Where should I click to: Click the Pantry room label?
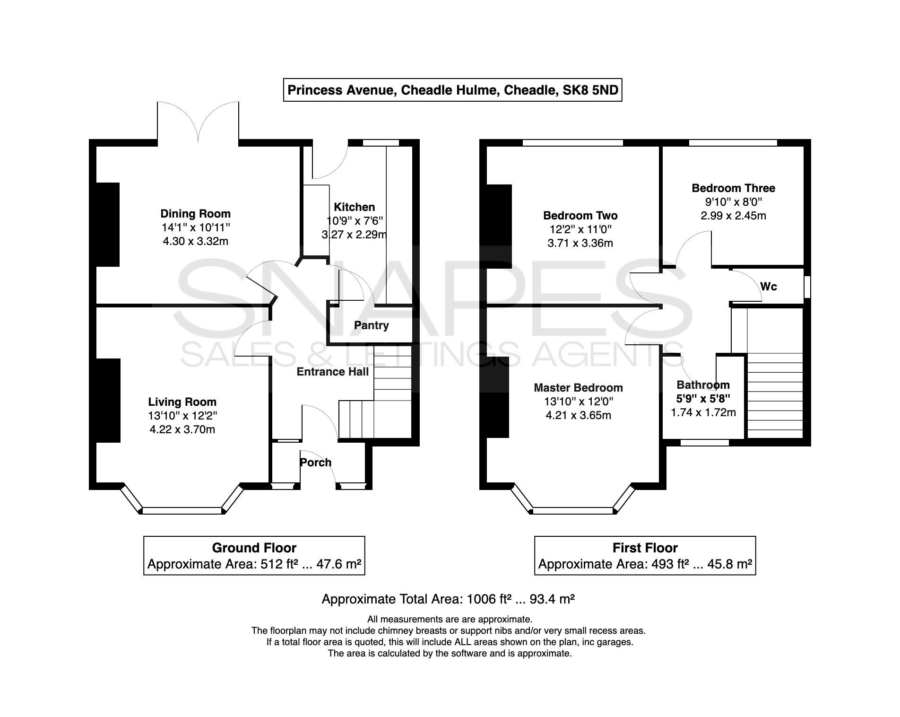pyautogui.click(x=372, y=325)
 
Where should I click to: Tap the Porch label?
pyautogui.click(x=316, y=463)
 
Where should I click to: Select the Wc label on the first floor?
pyautogui.click(x=769, y=287)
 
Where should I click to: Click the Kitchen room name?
pyautogui.click(x=355, y=207)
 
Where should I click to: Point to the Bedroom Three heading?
pyautogui.click(x=734, y=188)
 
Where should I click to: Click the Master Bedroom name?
pyautogui.click(x=579, y=388)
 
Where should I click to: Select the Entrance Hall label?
pyautogui.click(x=333, y=372)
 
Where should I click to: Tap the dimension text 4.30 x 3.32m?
pyautogui.click(x=196, y=241)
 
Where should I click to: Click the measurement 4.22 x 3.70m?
pyautogui.click(x=182, y=429)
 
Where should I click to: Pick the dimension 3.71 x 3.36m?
pyautogui.click(x=580, y=243)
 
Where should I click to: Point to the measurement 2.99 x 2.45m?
pyautogui.click(x=734, y=216)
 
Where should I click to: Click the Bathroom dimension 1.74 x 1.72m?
pyautogui.click(x=703, y=412)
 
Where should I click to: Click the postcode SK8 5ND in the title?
pyautogui.click(x=591, y=90)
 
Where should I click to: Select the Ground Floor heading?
pyautogui.click(x=254, y=548)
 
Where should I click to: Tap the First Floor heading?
pyautogui.click(x=645, y=548)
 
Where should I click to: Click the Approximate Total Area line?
pyautogui.click(x=448, y=599)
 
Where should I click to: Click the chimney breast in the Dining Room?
pyautogui.click(x=108, y=225)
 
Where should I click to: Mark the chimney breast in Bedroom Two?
pyautogui.click(x=499, y=227)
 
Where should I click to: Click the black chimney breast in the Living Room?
pyautogui.click(x=108, y=401)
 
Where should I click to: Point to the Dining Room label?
pyautogui.click(x=196, y=214)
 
